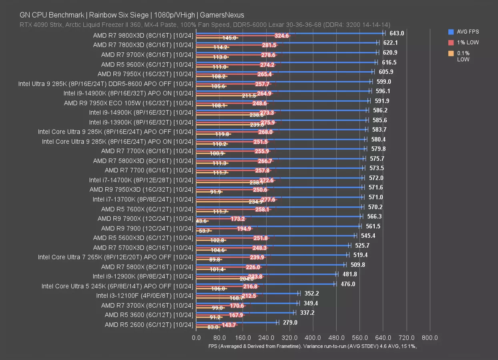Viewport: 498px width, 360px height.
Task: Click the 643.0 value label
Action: pyautogui.click(x=397, y=33)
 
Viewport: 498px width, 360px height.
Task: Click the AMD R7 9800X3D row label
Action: pyautogui.click(x=143, y=35)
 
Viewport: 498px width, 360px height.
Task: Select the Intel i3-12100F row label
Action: pyautogui.click(x=145, y=296)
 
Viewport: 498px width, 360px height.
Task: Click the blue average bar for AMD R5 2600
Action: pyautogui.click(x=236, y=322)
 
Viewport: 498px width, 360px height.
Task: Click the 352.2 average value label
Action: pyautogui.click(x=311, y=293)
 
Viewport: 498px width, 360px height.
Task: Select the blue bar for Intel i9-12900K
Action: pyautogui.click(x=266, y=274)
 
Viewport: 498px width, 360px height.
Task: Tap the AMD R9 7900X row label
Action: pyautogui.click(x=145, y=218)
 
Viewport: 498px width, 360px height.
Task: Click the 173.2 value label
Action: pyautogui.click(x=237, y=219)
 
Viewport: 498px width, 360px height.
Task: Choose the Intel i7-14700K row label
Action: pyautogui.click(x=141, y=180)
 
